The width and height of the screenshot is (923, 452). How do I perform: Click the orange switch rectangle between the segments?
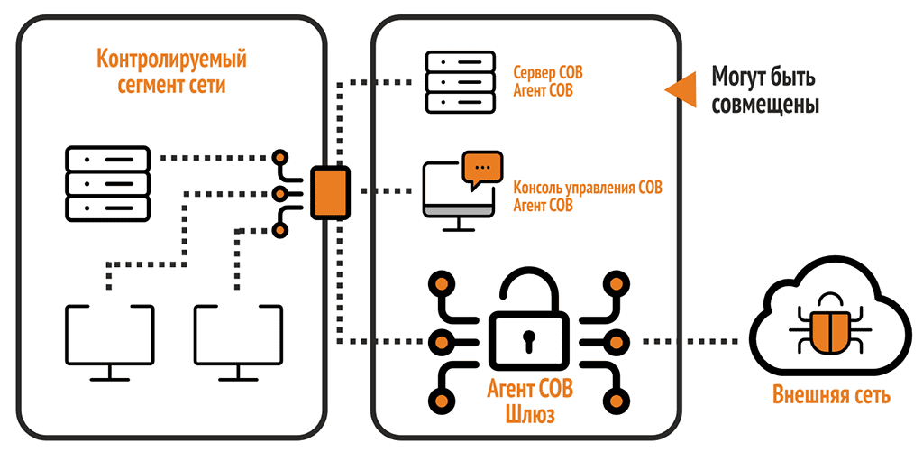(329, 192)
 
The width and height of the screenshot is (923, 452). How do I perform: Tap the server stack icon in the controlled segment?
(106, 181)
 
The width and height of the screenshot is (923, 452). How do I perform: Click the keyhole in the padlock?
(528, 342)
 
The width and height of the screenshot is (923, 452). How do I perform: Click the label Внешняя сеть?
(831, 395)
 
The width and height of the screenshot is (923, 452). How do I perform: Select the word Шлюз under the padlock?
(528, 416)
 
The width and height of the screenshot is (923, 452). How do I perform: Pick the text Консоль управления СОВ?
(587, 189)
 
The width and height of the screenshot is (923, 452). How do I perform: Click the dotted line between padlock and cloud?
(692, 342)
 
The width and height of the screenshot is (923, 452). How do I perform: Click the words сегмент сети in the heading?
(171, 87)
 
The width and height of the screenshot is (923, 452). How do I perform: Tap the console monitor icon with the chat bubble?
(456, 192)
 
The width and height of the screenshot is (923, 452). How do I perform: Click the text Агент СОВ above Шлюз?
(528, 393)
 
